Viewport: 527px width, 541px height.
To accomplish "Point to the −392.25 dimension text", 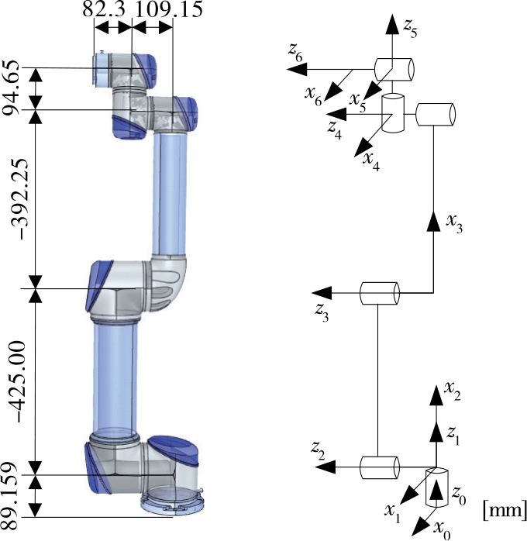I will click(13, 198).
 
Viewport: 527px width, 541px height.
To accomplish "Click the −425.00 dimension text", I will click(13, 380).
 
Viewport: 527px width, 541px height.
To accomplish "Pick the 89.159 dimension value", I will click(13, 496).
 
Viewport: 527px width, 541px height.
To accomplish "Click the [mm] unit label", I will click(504, 510).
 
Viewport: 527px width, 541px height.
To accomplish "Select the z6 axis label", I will click(294, 52).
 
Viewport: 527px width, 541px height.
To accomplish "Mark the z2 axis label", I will click(319, 448).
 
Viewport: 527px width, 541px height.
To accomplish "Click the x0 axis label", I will click(443, 530).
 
